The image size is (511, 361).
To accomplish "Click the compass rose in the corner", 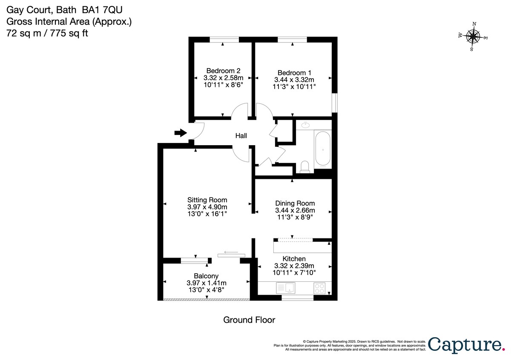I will coord(473,37).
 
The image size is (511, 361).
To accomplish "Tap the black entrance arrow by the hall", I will coord(181,133).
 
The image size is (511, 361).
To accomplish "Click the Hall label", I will coord(241,136).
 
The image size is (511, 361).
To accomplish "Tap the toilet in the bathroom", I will coord(305,166).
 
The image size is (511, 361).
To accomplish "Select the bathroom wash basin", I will coord(305,125).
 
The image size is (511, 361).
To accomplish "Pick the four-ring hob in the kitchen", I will coord(319,288).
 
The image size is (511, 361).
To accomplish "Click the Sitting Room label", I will coord(207,200).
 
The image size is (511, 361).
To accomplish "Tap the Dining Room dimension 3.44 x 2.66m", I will coord(295,210).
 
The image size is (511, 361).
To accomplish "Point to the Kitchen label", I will coord(294,259).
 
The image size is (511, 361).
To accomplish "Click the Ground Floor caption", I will coord(249,320).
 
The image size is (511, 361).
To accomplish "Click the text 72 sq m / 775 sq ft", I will coord(47,33).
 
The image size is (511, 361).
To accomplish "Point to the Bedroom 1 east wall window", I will coord(335,103).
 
